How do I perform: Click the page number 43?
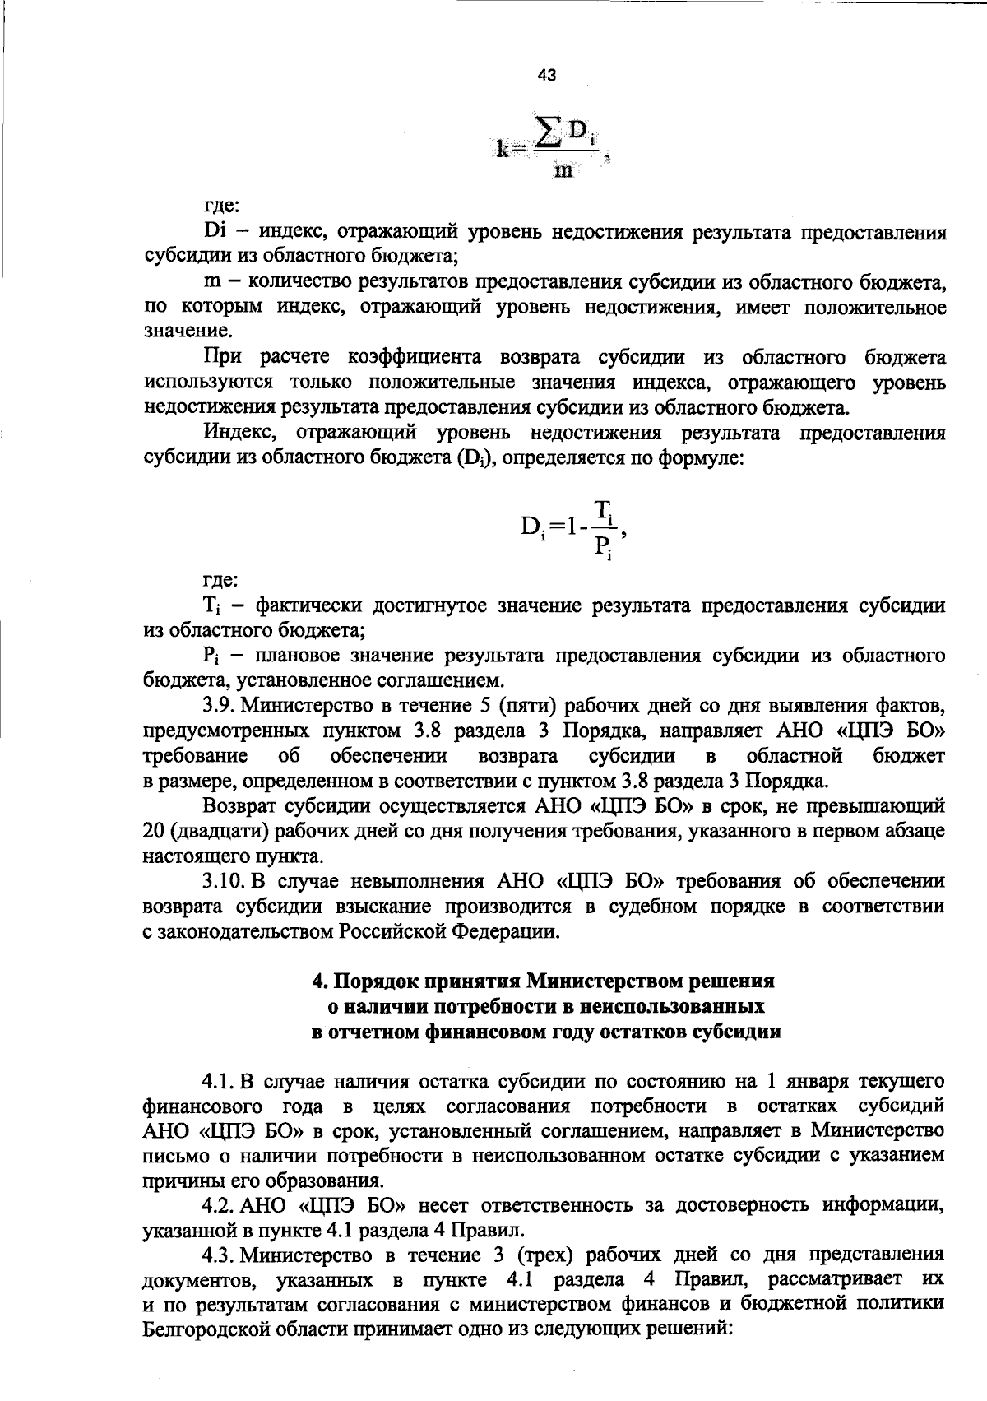546,76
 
